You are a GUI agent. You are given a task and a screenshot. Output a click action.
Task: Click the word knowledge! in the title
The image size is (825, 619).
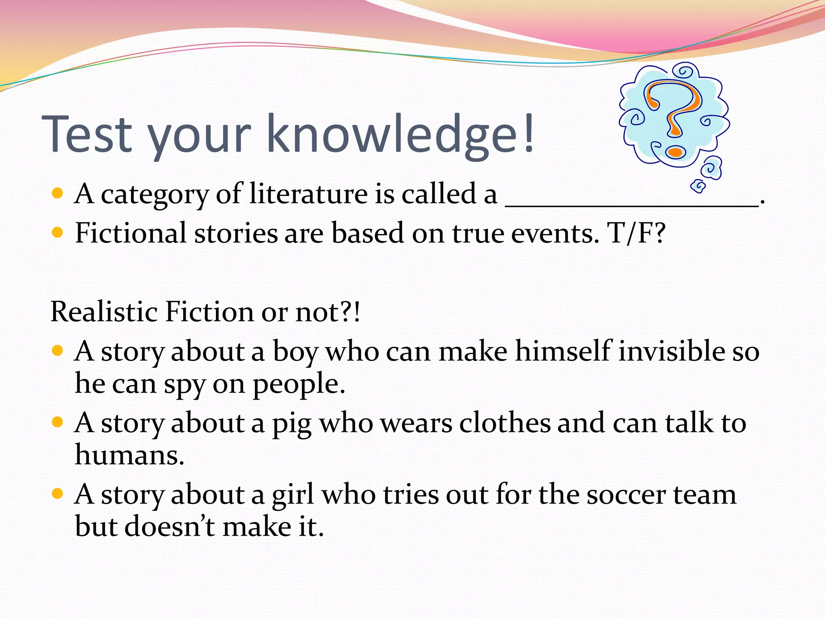point(401,134)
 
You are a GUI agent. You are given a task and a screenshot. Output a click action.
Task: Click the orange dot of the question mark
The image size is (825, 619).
point(675,152)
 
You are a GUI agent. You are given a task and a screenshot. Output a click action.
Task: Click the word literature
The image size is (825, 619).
point(308,194)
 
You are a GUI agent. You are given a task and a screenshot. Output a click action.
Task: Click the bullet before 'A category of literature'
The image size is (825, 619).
point(58,194)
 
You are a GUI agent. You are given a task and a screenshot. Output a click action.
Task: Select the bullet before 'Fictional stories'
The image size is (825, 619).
point(58,233)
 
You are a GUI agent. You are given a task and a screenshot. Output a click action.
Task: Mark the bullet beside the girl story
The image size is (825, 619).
point(58,493)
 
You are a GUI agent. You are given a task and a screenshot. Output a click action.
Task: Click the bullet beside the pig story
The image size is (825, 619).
point(58,422)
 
